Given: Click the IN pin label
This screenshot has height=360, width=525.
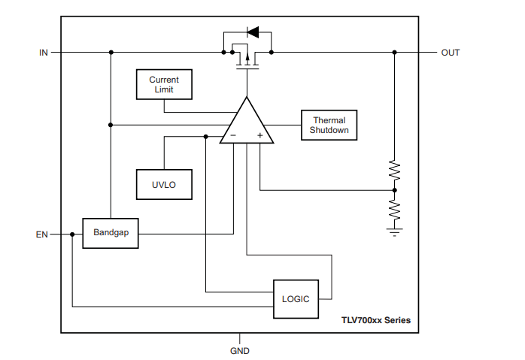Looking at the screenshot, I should pyautogui.click(x=44, y=53).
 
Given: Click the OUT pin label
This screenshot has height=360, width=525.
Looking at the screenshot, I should pyautogui.click(x=451, y=53).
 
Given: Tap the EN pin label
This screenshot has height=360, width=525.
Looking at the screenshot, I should pyautogui.click(x=42, y=234).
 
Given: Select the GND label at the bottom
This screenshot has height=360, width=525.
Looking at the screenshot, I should pyautogui.click(x=239, y=351).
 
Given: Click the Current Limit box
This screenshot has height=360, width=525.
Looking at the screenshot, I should pyautogui.click(x=163, y=84).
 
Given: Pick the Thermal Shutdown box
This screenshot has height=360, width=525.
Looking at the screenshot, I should pyautogui.click(x=329, y=125).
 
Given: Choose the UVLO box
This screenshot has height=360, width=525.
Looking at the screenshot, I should pyautogui.click(x=163, y=184).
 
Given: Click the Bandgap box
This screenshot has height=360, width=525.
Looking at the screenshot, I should pyautogui.click(x=111, y=233).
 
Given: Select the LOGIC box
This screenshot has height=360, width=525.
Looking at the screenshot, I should pyautogui.click(x=296, y=298).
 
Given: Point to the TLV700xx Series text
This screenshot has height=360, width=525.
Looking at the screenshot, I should pyautogui.click(x=375, y=320).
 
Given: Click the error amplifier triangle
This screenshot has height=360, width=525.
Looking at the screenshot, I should pyautogui.click(x=247, y=123).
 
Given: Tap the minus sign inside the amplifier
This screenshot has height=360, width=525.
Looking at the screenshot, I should pyautogui.click(x=233, y=136).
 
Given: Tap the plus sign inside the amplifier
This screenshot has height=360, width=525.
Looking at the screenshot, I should pyautogui.click(x=260, y=136).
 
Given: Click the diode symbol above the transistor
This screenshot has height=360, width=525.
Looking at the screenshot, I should pyautogui.click(x=252, y=32).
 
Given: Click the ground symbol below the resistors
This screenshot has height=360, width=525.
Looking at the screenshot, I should pyautogui.click(x=394, y=231).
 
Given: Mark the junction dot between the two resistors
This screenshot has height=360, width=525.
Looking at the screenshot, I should pyautogui.click(x=394, y=190).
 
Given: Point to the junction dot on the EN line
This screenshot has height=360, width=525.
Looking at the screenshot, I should pyautogui.click(x=72, y=234).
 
